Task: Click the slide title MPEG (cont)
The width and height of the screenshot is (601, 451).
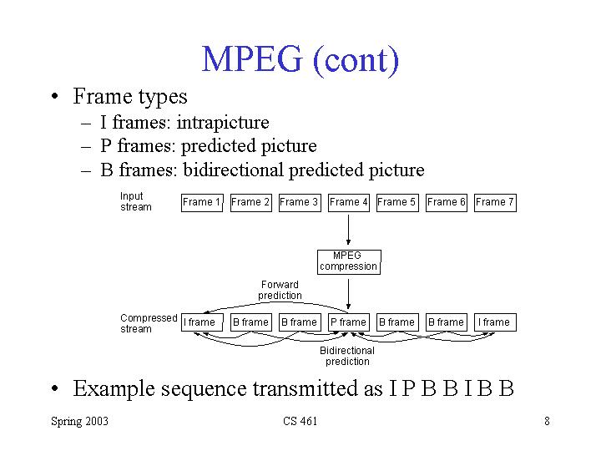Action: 300,60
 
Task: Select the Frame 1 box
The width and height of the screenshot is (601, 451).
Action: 202,202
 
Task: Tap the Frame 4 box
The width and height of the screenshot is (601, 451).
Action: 348,202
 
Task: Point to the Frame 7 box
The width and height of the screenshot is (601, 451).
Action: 495,202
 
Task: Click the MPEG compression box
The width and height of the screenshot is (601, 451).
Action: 348,261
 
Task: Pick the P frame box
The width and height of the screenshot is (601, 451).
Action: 348,322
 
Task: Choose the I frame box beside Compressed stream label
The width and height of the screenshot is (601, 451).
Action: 200,322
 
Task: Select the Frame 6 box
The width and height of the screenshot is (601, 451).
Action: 447,202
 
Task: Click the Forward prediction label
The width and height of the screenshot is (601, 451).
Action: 280,290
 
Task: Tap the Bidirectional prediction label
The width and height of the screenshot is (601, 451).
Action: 347,357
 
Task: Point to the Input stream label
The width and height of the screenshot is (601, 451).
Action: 135,201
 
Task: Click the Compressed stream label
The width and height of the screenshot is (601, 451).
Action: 148,323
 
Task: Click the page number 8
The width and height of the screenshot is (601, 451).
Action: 547,421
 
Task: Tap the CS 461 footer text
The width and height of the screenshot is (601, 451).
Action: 300,421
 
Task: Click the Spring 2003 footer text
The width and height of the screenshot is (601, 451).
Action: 79,421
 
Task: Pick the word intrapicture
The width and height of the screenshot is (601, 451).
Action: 223,123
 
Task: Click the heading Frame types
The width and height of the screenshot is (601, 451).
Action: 130,97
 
